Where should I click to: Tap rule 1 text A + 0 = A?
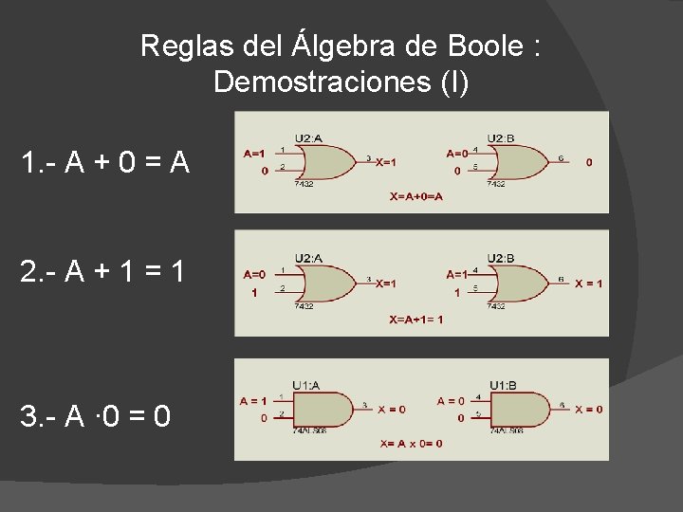[105, 164]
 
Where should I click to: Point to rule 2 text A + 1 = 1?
[105, 273]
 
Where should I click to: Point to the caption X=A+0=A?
[416, 197]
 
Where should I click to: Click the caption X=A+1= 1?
[416, 320]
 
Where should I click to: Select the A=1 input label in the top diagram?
[254, 152]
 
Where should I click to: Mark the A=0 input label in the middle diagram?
[254, 274]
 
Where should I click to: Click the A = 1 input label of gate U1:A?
[253, 400]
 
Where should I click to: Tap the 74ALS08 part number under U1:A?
[310, 430]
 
